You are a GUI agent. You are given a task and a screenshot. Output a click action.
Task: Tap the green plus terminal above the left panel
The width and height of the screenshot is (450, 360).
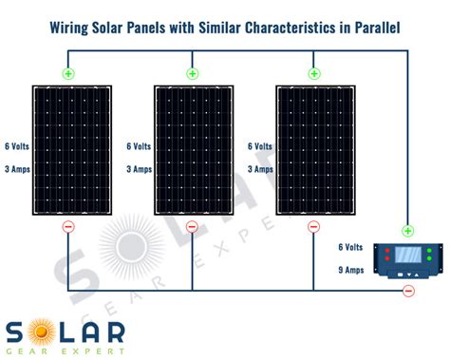click(x=68, y=73)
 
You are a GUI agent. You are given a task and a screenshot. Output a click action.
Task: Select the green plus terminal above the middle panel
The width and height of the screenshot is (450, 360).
click(x=192, y=73)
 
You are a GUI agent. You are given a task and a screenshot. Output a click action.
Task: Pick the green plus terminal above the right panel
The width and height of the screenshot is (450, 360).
click(x=313, y=73)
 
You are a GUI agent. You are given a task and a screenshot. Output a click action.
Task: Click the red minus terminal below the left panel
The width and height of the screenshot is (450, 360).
click(x=68, y=227)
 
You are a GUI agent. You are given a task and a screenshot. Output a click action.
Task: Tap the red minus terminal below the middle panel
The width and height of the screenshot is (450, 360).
click(x=192, y=227)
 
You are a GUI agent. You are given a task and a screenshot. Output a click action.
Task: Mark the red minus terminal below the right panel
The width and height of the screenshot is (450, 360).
click(x=313, y=227)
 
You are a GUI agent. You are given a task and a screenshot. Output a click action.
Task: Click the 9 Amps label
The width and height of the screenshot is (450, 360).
click(x=351, y=270)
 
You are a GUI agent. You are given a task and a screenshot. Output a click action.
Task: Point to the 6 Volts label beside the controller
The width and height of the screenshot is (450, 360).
click(x=351, y=247)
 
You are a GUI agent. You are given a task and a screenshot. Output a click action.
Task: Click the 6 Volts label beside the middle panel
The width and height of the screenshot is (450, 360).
click(x=139, y=146)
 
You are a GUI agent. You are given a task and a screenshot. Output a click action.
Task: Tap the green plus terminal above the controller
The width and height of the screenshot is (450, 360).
click(x=408, y=230)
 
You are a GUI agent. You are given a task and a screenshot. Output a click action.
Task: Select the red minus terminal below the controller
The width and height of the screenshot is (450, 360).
click(x=408, y=291)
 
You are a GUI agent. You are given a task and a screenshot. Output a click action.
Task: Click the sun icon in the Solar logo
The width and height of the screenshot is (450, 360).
click(x=42, y=332)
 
